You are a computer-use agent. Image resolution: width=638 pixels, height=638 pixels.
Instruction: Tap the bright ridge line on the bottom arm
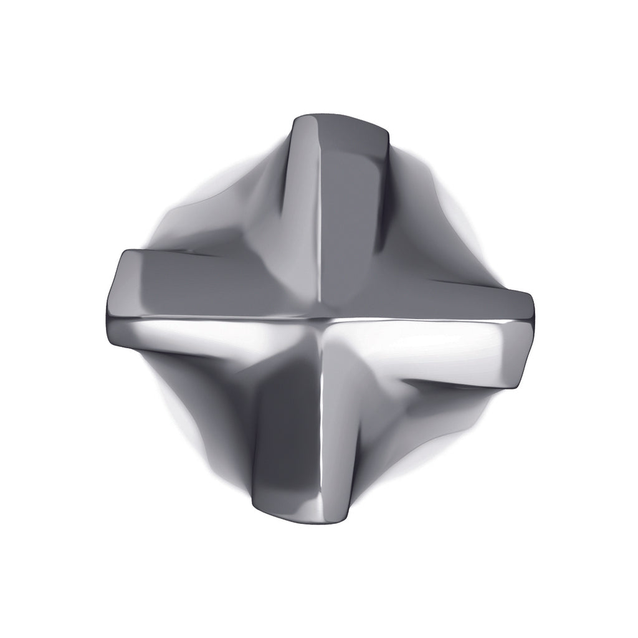(x=322, y=424)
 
